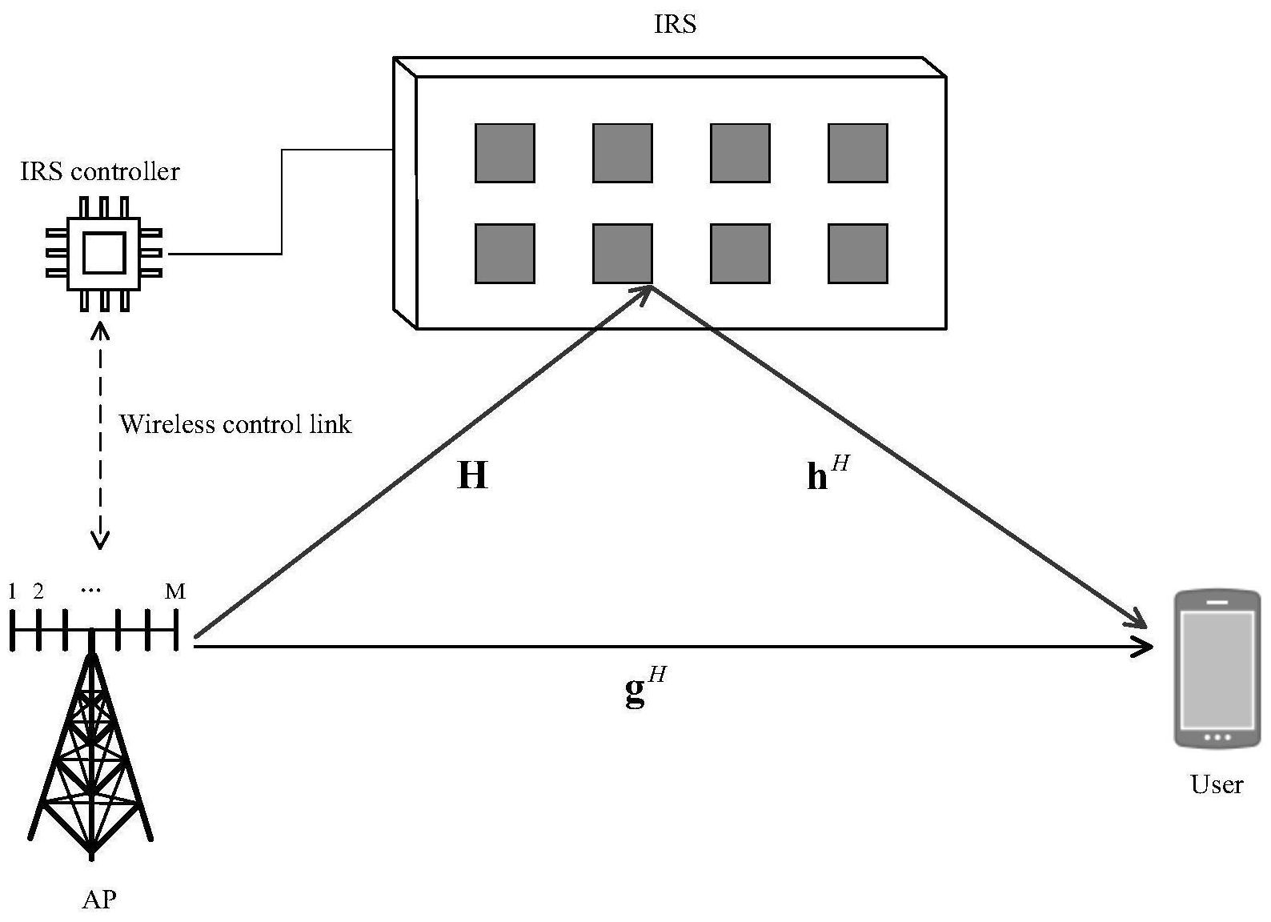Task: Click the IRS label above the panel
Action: pos(675,25)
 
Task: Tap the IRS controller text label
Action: pos(100,171)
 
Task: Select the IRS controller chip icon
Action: pos(104,253)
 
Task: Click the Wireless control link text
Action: pos(235,424)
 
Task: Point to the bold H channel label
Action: pos(472,475)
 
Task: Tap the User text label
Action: pos(1217,784)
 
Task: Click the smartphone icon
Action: pos(1217,668)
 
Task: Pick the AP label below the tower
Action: pos(99,900)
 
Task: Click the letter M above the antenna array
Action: pos(175,591)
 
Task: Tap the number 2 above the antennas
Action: pos(38,591)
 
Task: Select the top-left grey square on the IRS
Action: pos(504,153)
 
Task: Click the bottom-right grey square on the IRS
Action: pos(857,254)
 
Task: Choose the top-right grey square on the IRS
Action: pos(857,153)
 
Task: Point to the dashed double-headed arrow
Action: pos(100,436)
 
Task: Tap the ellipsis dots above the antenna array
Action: pos(91,591)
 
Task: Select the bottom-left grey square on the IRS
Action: pos(504,254)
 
